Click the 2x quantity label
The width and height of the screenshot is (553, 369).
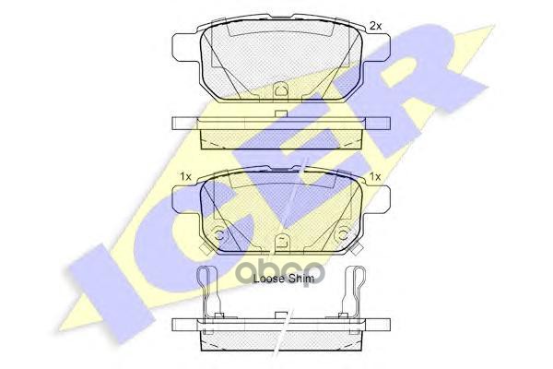375,26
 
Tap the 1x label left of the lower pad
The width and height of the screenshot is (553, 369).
185,176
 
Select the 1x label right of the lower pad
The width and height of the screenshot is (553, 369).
375,176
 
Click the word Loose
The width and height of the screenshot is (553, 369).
269,279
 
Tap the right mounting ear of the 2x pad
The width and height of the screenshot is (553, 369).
376,47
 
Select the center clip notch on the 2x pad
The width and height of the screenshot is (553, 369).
281,89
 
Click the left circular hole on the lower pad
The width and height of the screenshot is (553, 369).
219,235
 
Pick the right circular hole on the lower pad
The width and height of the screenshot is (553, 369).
343,235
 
